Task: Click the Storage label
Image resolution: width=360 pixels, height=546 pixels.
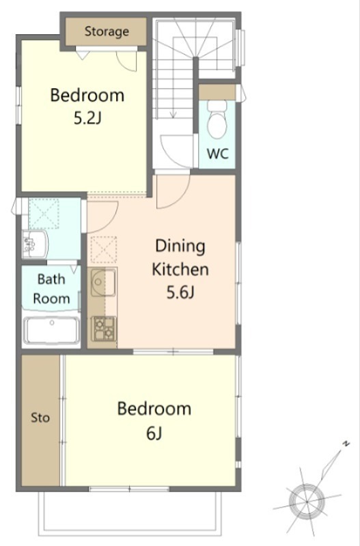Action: [x=107, y=31]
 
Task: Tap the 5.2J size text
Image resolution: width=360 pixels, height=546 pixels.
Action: [x=87, y=119]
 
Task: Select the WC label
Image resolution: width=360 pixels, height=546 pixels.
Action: [x=218, y=153]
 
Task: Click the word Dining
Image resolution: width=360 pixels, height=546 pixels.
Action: [x=180, y=246]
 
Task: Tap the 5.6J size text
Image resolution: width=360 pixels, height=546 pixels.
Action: [x=180, y=292]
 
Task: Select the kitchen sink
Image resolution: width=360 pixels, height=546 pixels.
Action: [x=103, y=283]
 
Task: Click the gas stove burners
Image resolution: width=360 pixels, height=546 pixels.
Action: [x=104, y=328]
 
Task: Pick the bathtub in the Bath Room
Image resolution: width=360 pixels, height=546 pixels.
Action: [x=52, y=330]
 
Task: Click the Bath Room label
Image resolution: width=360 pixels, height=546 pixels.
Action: [x=51, y=289]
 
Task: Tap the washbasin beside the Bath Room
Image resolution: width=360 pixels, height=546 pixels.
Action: [x=35, y=244]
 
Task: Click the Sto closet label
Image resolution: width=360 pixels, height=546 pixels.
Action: [x=40, y=417]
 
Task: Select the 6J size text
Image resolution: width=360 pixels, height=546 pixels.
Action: [x=154, y=433]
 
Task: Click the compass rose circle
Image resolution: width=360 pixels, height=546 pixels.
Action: [x=307, y=502]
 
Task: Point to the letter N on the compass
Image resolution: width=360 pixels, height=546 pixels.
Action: [x=346, y=444]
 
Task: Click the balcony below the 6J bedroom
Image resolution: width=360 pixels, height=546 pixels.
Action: [x=130, y=513]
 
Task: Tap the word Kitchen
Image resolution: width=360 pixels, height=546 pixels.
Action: [x=180, y=270]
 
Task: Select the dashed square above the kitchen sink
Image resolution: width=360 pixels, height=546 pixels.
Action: [x=104, y=249]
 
